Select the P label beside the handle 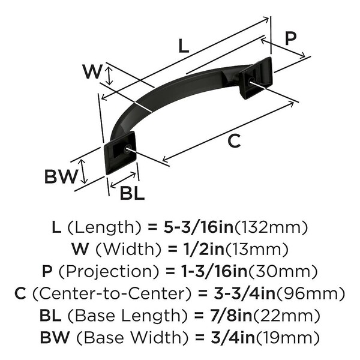[x=290, y=39]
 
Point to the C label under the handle [x=235, y=142]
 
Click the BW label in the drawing [x=61, y=177]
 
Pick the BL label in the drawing [x=131, y=193]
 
